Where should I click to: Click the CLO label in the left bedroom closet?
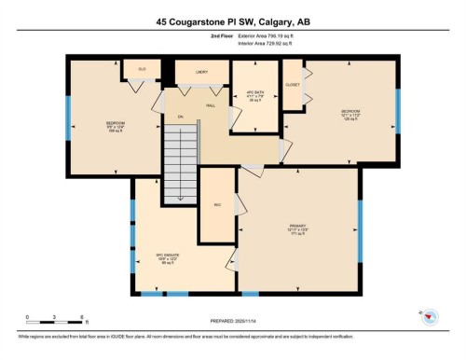[x=143, y=69]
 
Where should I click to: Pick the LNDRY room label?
[x=201, y=71]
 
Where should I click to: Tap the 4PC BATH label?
[x=254, y=94]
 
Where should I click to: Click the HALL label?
[x=212, y=105]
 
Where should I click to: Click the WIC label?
[x=217, y=205]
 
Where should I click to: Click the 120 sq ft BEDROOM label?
[x=349, y=113]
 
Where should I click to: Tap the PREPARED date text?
[x=232, y=322]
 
